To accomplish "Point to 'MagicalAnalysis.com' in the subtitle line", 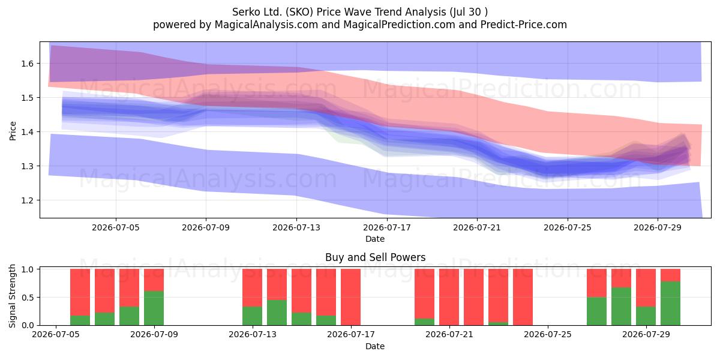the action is [x=266, y=25].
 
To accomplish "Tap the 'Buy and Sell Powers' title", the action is [x=375, y=257].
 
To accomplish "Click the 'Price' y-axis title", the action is [x=13, y=131].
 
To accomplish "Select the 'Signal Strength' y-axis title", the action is [x=12, y=296].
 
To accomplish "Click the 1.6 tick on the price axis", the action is [x=28, y=64].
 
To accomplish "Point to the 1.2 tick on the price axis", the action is [x=28, y=200].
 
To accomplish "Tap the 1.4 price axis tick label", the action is [x=28, y=132].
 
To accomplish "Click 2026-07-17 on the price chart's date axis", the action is [x=387, y=227].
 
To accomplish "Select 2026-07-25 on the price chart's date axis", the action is [x=568, y=227].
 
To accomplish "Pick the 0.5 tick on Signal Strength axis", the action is [x=29, y=298].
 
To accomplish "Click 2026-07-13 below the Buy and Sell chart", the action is [x=253, y=334].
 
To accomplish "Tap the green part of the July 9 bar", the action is [x=154, y=308].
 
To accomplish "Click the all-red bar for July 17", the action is [x=350, y=297].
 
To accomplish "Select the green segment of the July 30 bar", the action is [x=671, y=303].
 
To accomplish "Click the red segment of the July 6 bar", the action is [x=80, y=292].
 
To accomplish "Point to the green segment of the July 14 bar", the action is [x=277, y=313].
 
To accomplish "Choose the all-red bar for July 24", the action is [x=523, y=297].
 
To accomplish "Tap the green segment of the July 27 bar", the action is [x=597, y=311].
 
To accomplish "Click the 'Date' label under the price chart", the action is [x=375, y=239].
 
